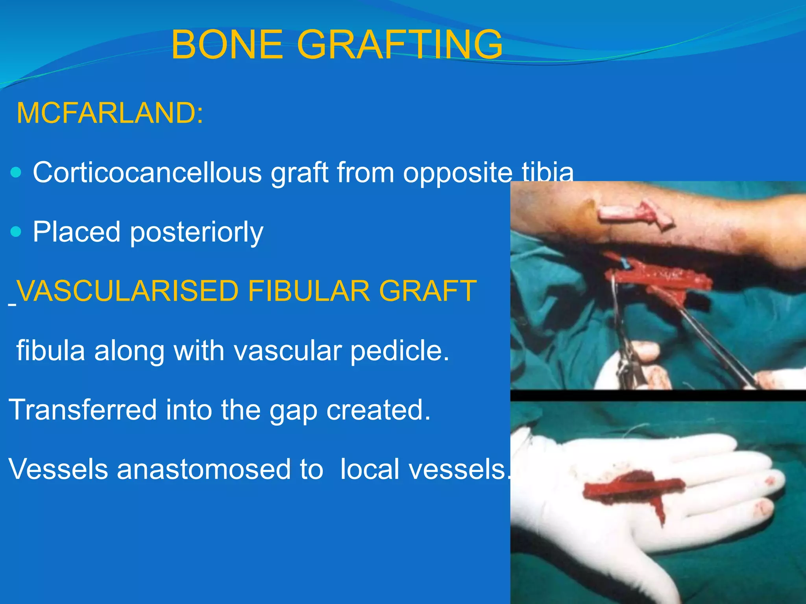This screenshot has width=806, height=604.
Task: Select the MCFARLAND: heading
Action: [x=110, y=113]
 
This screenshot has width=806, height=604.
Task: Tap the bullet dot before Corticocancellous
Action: [x=16, y=172]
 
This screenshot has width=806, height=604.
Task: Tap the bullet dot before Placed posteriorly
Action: [x=16, y=232]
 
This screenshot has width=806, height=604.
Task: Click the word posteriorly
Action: [x=196, y=232]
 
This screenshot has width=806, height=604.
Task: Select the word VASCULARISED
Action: [x=128, y=291]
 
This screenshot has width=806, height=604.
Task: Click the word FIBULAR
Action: [x=309, y=291]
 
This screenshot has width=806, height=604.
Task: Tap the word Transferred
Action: [x=82, y=410]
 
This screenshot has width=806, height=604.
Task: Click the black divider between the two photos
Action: [x=657, y=395]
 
